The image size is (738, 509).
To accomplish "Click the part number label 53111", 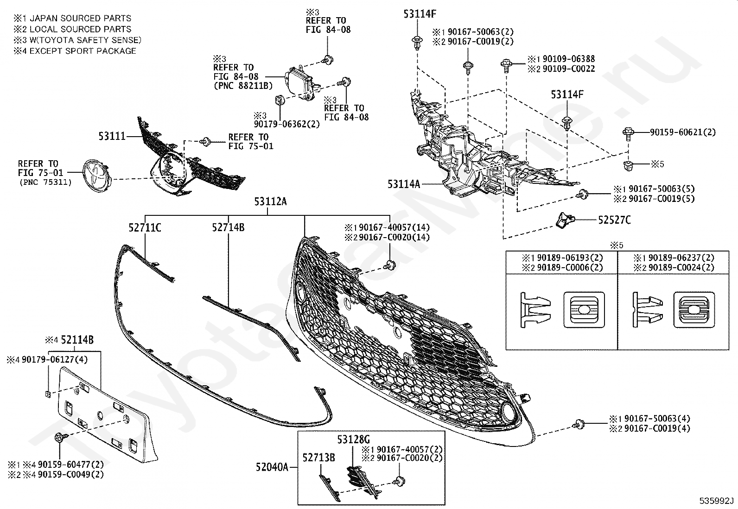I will pos(112,137).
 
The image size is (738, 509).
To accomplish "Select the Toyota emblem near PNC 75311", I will pos(96,175).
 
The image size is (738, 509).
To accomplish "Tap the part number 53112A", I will pos(270,201).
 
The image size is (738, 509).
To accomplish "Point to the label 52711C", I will pos(145,227).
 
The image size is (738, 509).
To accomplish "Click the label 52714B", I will pos(228,227).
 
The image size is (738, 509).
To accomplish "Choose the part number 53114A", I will pos(404,184).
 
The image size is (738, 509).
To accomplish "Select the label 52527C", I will pos(614,220).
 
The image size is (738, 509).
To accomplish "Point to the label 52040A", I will pos(272,467).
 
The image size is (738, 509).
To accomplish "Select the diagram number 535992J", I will pos(717,501).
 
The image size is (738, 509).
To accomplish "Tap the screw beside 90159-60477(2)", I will pos(60,438).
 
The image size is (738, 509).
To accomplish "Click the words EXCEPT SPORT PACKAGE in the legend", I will pos(83,51).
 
